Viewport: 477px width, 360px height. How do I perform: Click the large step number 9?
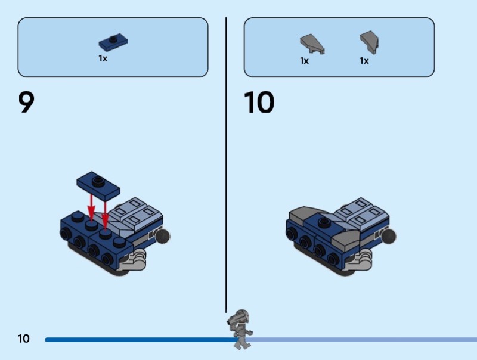pos(27,103)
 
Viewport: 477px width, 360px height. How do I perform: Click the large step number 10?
pos(259,103)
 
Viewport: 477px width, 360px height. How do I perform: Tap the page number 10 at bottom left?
pos(23,339)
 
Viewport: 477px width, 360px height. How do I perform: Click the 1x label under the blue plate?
pos(103,58)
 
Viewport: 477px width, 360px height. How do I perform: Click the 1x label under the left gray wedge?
pos(304,61)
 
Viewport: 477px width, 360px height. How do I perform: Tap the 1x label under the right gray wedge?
pos(364,61)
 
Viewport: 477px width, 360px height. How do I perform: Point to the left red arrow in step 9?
pos(91,206)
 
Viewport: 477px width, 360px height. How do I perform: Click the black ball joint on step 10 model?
pos(388,237)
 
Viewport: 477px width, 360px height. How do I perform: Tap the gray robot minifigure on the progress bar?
pos(240,328)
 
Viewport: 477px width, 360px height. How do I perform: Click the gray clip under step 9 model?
pos(138,259)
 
